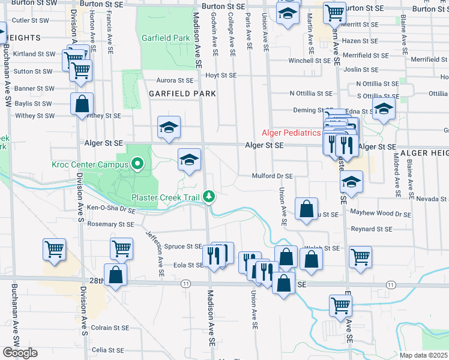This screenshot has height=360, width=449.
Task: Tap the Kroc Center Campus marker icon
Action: [x=137, y=163]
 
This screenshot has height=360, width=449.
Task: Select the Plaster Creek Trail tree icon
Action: [x=209, y=196]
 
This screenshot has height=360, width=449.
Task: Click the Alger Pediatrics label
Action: [x=290, y=133]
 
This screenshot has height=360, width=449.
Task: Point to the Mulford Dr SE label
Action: [x=272, y=176]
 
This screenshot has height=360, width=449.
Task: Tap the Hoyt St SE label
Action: [x=221, y=76]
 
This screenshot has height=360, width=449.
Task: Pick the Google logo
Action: [x=19, y=353]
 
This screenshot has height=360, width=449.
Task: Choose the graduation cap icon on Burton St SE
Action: [x=288, y=13]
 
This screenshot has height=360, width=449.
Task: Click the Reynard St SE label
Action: [x=371, y=229]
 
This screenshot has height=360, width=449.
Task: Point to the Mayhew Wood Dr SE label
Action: [x=381, y=214]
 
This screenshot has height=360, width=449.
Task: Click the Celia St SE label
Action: [x=107, y=350]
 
